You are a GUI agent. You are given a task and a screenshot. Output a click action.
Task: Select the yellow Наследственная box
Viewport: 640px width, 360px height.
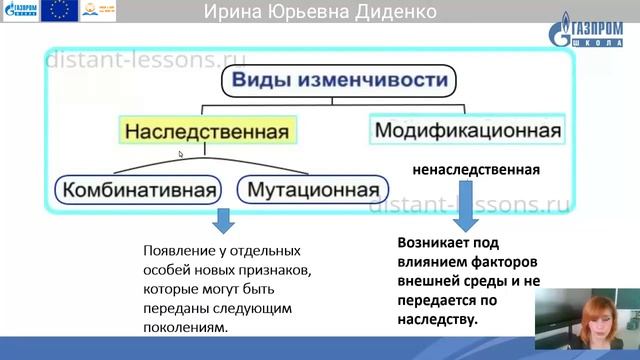(x=206, y=131)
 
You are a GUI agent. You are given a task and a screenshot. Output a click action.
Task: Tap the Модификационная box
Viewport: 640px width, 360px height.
(x=467, y=131)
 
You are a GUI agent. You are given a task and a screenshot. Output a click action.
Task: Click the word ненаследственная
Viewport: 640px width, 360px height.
(x=476, y=170)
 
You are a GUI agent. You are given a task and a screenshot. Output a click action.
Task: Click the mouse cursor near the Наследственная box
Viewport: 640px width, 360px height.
(x=181, y=154)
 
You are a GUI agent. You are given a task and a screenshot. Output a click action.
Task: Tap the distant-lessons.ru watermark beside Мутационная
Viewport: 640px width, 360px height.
(x=470, y=205)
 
